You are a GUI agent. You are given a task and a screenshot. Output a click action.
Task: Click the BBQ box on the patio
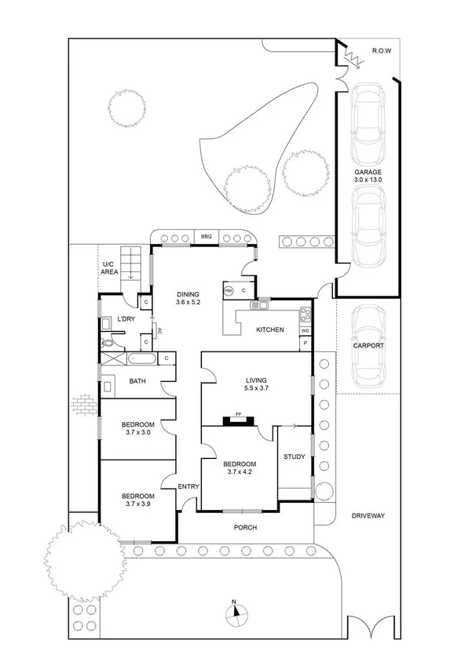207,237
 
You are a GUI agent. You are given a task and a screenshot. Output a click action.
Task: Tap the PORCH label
246,527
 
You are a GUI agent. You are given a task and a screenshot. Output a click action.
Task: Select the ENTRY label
188,486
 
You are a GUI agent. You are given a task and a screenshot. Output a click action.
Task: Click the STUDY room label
295,457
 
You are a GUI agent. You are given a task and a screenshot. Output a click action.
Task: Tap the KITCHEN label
270,329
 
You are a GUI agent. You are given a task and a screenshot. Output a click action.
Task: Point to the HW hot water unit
229,291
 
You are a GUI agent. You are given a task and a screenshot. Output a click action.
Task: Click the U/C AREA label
109,268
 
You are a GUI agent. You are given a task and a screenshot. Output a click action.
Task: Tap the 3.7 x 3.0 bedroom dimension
137,431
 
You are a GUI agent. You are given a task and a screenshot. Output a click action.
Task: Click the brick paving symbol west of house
82,405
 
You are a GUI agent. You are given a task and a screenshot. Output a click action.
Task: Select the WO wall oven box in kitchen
305,331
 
